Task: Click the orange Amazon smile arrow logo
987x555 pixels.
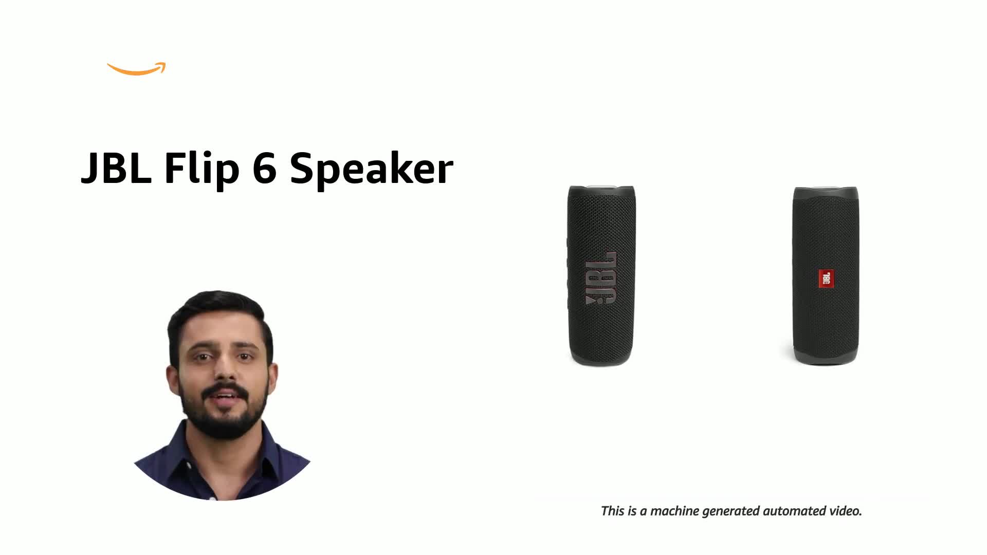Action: [x=136, y=69]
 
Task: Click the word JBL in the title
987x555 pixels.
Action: [x=116, y=169]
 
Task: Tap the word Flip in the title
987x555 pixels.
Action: [x=202, y=169]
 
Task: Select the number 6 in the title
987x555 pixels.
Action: [x=264, y=169]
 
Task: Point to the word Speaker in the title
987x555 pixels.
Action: [x=371, y=169]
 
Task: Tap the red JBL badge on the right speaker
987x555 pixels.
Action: [x=826, y=279]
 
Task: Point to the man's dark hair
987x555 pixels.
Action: [x=216, y=308]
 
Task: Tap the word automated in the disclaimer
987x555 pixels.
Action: [x=795, y=511]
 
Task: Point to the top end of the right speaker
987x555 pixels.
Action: [x=826, y=191]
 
